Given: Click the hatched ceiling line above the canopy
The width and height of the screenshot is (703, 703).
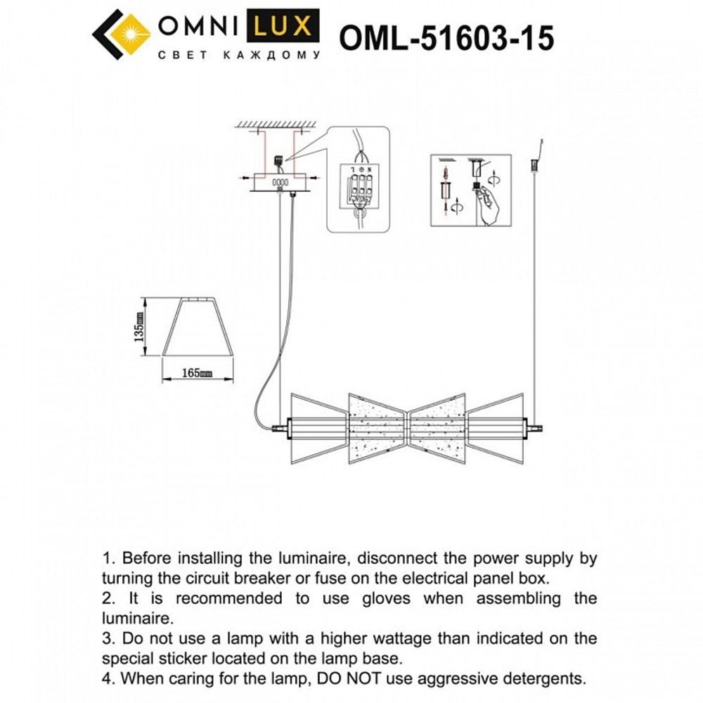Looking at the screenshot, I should (273, 125).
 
